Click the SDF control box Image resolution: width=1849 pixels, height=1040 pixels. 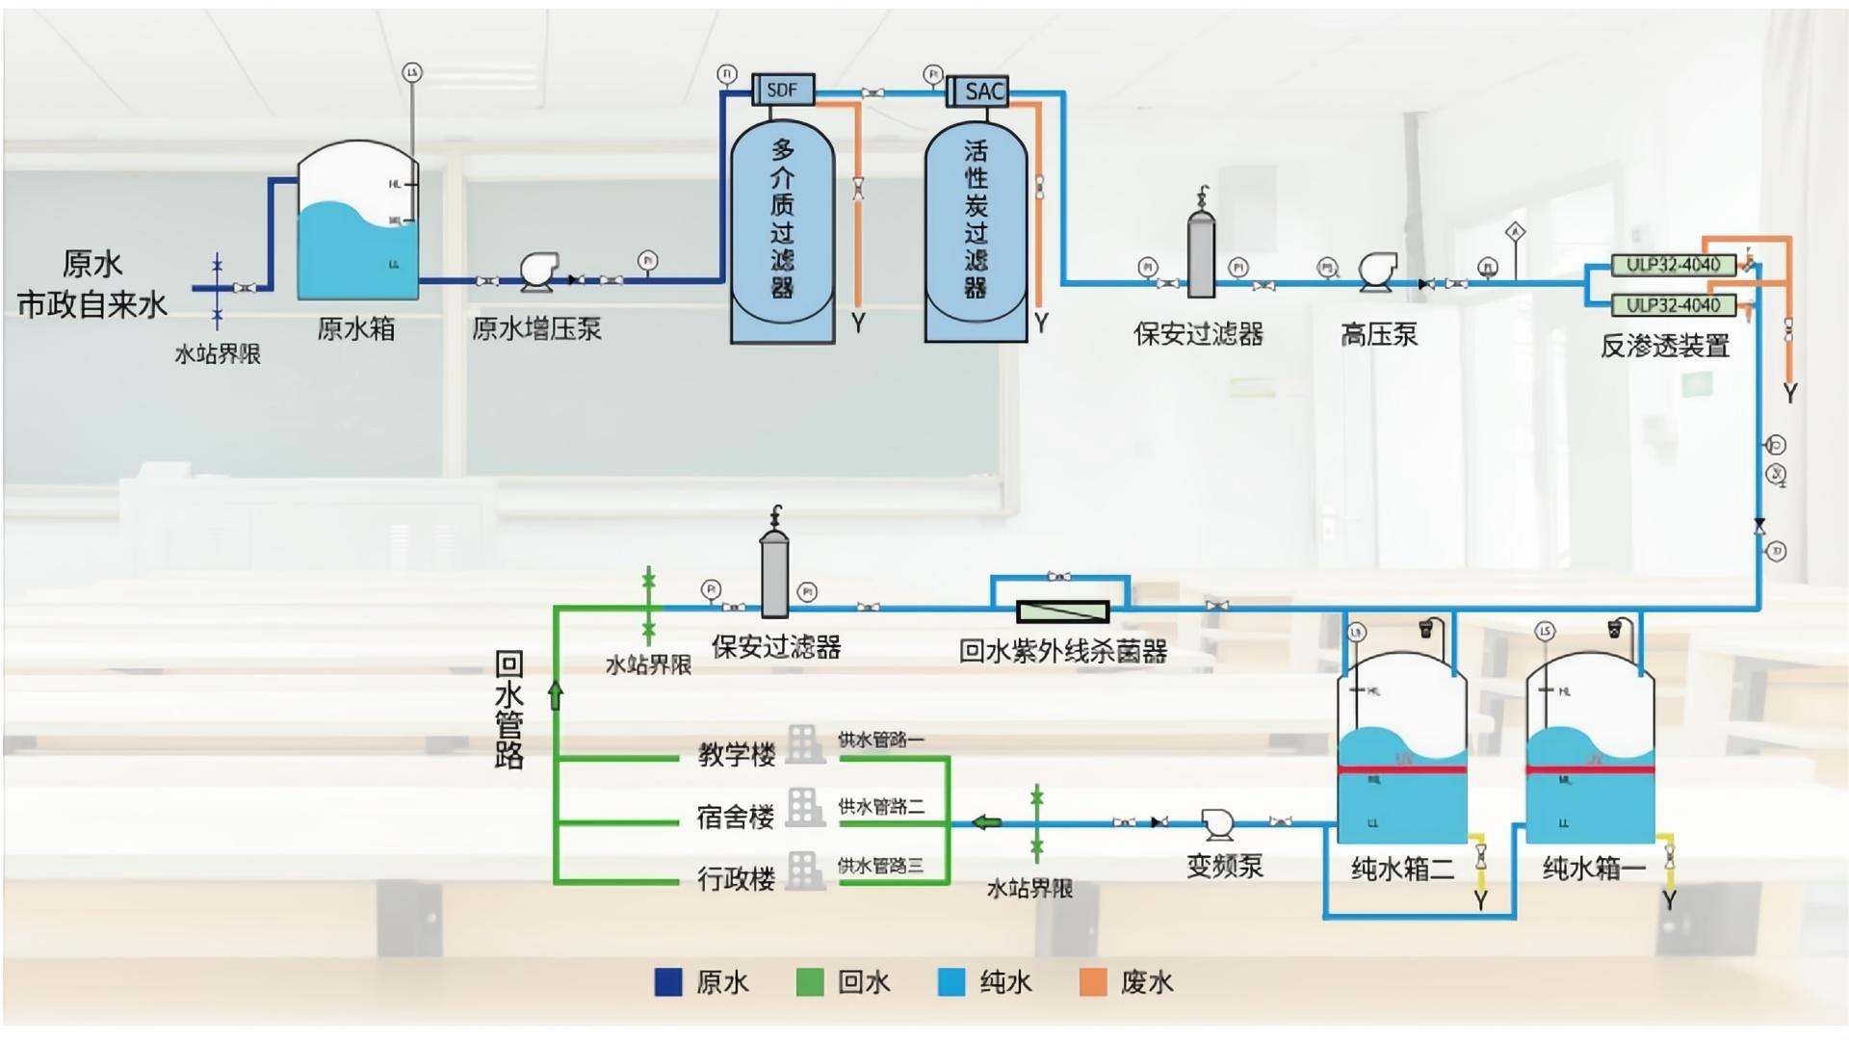tap(782, 90)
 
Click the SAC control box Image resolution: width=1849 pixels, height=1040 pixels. tap(978, 91)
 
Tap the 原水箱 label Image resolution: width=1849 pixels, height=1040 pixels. tap(355, 329)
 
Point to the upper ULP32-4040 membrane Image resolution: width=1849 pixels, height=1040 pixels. tap(1673, 265)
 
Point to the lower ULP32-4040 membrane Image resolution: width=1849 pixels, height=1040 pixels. tap(1673, 305)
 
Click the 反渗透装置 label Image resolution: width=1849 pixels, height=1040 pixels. tap(1664, 346)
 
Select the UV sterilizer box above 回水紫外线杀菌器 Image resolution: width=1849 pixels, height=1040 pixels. tap(1063, 611)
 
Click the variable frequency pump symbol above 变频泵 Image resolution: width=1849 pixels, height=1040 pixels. tap(1218, 822)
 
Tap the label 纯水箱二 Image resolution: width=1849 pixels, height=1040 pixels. tap(1402, 869)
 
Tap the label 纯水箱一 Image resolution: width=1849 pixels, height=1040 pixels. tap(1594, 869)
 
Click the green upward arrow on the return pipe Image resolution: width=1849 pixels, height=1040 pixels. tap(556, 694)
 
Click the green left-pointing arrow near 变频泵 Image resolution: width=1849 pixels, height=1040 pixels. tap(986, 822)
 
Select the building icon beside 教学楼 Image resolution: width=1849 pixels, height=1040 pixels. tap(805, 744)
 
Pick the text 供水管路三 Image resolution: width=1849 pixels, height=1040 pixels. tap(880, 866)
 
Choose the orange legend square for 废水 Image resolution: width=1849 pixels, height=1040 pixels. tap(1093, 982)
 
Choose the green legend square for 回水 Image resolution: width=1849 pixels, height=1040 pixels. tap(810, 982)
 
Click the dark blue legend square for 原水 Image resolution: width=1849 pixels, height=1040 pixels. tap(668, 982)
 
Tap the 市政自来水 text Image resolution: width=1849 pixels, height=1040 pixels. tap(92, 305)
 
